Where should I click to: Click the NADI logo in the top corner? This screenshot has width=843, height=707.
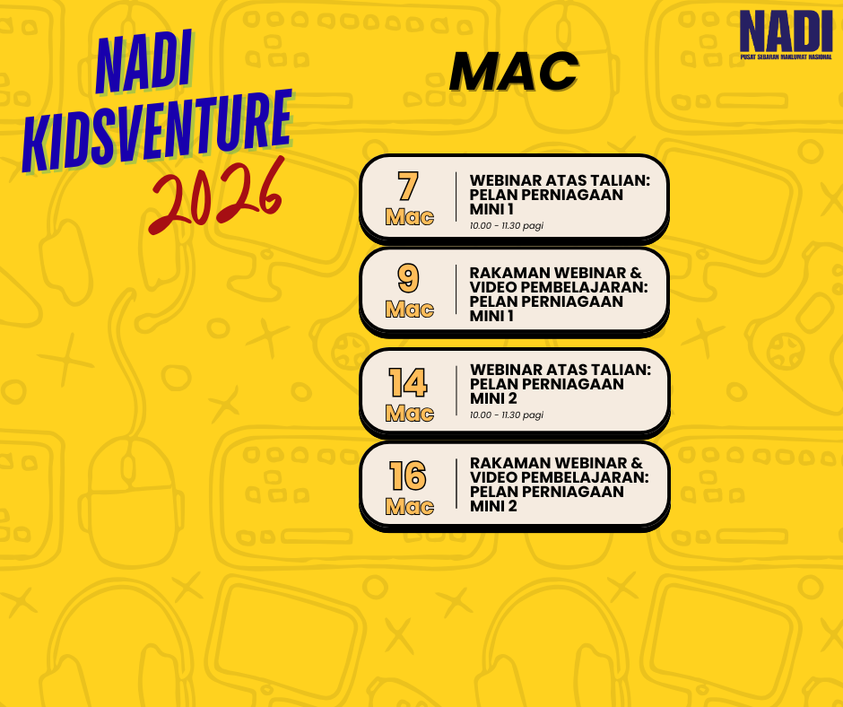pos(786,34)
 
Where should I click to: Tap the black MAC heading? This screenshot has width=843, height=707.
pos(514,72)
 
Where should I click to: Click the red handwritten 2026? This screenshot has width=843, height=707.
pos(217,196)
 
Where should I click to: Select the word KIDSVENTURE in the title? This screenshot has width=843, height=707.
pos(157,131)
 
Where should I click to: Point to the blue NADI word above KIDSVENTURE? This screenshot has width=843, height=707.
pos(144,63)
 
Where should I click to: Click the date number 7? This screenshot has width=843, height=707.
pos(408,186)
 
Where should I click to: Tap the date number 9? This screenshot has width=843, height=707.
pos(408,278)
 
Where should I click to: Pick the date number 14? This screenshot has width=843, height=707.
pos(408,382)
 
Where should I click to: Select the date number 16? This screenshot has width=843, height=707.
pos(408,476)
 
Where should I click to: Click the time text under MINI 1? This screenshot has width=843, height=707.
pos(507,225)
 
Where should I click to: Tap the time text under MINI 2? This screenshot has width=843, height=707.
pos(507,415)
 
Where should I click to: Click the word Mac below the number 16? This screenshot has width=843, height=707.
pos(410,507)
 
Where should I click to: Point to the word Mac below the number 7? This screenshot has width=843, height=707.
pos(410,217)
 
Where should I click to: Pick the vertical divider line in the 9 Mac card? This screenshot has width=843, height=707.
pos(456,289)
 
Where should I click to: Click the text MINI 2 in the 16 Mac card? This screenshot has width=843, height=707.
pos(493,506)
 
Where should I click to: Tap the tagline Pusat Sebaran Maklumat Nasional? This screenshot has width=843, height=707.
pos(786,57)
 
